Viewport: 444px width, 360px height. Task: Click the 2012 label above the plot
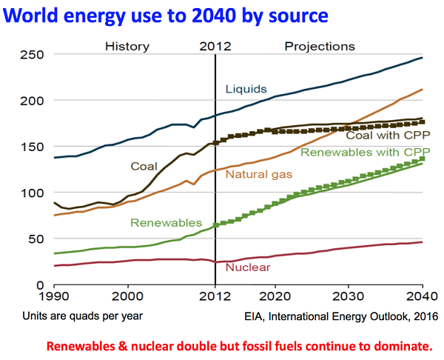pos(215,46)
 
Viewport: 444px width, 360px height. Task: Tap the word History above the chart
pos(127,46)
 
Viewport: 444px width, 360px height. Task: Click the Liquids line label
pos(246,90)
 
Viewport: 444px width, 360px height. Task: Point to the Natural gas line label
pos(258,175)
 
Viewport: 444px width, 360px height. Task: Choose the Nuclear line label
pos(247,267)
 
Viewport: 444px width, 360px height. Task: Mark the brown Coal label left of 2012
pos(146,166)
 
